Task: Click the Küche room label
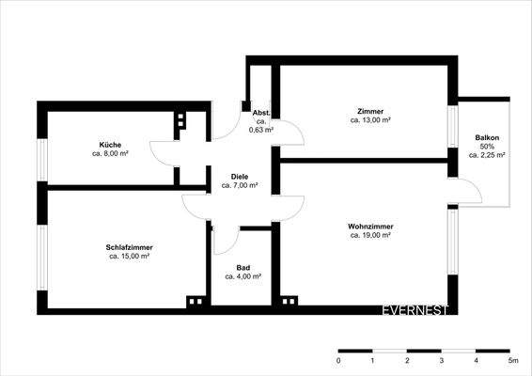111,144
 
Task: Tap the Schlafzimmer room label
130,246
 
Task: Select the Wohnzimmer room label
370,227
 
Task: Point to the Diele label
241,177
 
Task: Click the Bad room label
243,268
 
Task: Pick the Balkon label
487,138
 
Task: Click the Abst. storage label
262,113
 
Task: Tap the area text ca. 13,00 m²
370,120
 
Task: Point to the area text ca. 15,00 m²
130,256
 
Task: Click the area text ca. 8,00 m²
111,153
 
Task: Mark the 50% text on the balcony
487,147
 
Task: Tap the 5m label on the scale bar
512,360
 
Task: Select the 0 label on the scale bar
338,360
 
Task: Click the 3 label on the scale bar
442,360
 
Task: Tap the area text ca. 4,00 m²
243,277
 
